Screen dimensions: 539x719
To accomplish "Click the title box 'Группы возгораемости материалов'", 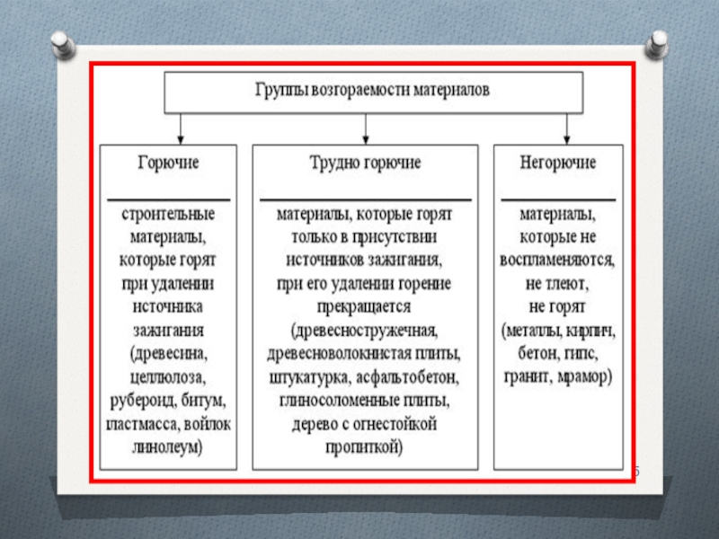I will click(x=373, y=91).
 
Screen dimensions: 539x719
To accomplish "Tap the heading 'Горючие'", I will click(x=168, y=164).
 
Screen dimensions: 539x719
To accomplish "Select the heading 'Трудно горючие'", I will click(x=365, y=164).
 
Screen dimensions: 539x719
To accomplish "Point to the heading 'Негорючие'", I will click(x=557, y=164).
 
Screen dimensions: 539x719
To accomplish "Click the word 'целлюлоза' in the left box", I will click(x=168, y=375).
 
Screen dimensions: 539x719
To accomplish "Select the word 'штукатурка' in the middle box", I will click(x=306, y=375).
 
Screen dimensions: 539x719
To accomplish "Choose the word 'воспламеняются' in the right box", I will click(x=557, y=261).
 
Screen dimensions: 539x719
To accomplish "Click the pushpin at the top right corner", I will click(x=657, y=41).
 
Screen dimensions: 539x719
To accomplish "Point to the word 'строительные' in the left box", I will click(x=168, y=216).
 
